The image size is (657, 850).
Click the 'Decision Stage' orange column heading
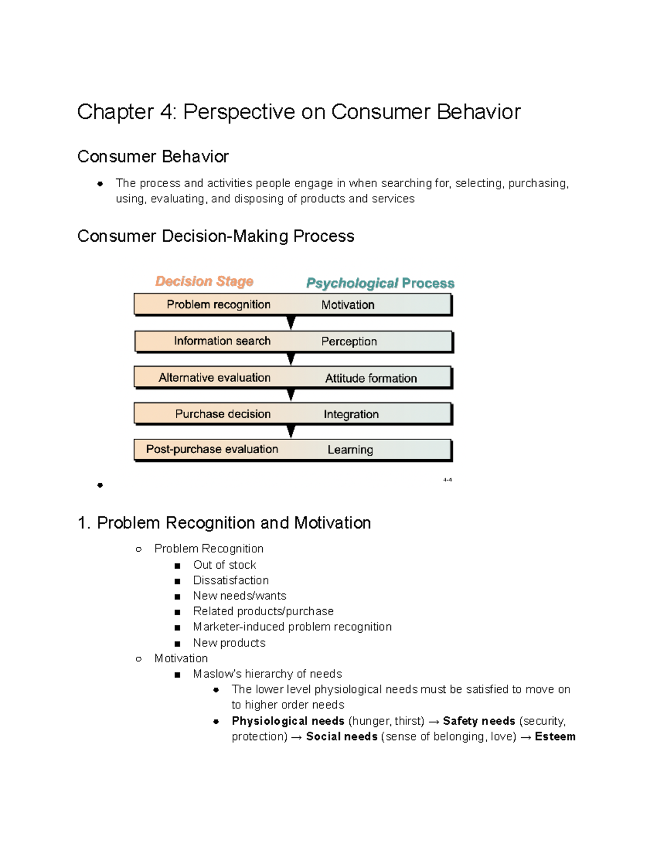(204, 281)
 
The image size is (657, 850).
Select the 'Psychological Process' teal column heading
(380, 283)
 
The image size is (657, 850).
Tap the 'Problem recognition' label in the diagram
(218, 304)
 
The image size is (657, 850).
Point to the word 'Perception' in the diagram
(349, 342)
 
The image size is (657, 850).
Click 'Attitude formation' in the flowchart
(371, 378)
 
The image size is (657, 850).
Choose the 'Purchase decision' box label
(223, 414)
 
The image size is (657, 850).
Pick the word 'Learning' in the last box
(350, 450)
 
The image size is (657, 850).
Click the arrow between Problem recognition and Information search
(291, 323)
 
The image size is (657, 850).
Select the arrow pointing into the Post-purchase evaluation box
(291, 432)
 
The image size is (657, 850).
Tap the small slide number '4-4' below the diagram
(447, 480)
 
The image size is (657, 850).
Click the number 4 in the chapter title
(166, 112)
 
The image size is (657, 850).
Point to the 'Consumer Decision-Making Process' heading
(216, 236)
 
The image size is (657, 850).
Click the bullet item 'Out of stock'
(224, 565)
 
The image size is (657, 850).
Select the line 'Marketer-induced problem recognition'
(292, 627)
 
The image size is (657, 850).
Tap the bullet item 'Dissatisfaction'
(230, 580)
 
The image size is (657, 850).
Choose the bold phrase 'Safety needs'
(479, 721)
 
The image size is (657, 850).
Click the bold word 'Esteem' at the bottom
(555, 737)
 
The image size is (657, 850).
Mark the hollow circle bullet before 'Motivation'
(139, 659)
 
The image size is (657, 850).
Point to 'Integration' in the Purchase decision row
(351, 414)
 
